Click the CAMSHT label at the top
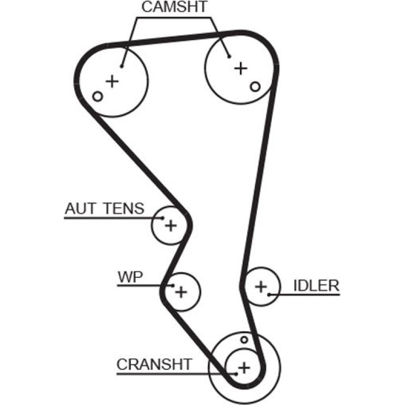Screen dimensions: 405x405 tap(174, 7)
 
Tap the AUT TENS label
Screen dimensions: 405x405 tap(105, 208)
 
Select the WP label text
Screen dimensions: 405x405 tap(130, 277)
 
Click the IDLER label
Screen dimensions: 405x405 tap(317, 286)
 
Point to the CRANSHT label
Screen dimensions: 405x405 tap(154, 364)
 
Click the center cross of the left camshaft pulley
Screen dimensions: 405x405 tap(113, 82)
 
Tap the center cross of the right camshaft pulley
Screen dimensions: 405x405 tap(241, 68)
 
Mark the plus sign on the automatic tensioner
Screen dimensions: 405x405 tap(171, 226)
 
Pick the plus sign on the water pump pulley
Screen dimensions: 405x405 tap(181, 292)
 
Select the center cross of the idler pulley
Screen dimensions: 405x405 tap(261, 287)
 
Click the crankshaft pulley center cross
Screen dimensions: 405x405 tap(244, 368)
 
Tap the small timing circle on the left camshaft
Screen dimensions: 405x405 tap(98, 97)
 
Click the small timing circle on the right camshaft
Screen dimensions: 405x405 tap(255, 87)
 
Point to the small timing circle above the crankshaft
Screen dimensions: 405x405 tap(244, 340)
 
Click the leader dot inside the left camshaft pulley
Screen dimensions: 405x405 tap(121, 67)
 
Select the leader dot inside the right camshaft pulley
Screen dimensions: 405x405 tap(229, 57)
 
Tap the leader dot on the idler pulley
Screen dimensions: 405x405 tap(269, 295)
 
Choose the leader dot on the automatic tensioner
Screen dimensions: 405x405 tap(163, 218)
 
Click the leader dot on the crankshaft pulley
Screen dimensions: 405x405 tap(236, 374)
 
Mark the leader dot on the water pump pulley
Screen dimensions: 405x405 tap(173, 286)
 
